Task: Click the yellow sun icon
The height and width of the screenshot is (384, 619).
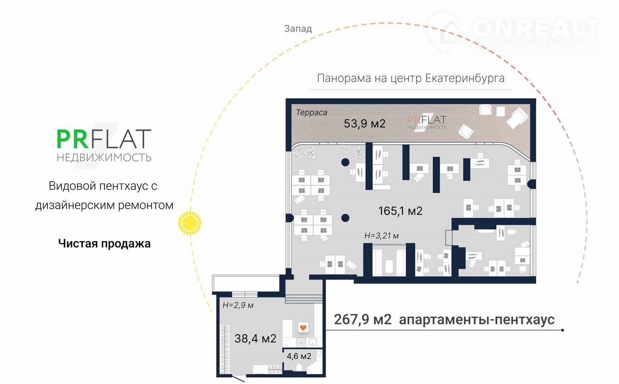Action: [190, 223]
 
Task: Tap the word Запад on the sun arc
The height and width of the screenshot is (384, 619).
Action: [298, 29]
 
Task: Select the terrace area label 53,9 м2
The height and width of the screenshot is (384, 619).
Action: [365, 123]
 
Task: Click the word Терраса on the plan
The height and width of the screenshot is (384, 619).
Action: [311, 113]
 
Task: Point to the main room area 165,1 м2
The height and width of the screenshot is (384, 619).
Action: [400, 211]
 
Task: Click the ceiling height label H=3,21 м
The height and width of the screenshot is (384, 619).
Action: [382, 236]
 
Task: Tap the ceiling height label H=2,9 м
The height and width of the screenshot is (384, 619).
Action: [238, 306]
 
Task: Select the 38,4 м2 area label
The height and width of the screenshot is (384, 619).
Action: [255, 338]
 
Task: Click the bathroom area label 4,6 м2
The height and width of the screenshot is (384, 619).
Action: [299, 356]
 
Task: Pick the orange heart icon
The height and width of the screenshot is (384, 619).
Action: [303, 328]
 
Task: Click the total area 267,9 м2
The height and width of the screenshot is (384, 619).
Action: [363, 320]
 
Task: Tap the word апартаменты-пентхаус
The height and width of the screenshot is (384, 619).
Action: [477, 320]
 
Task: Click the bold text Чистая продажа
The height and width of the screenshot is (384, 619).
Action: [104, 244]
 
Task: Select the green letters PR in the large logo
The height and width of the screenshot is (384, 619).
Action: [73, 139]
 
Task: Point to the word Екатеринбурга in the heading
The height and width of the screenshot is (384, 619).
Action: [465, 78]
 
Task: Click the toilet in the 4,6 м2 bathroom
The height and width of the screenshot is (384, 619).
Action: [299, 367]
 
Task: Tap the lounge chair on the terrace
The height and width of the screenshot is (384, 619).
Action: [517, 118]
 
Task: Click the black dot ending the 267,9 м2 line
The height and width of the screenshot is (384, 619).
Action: [562, 330]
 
